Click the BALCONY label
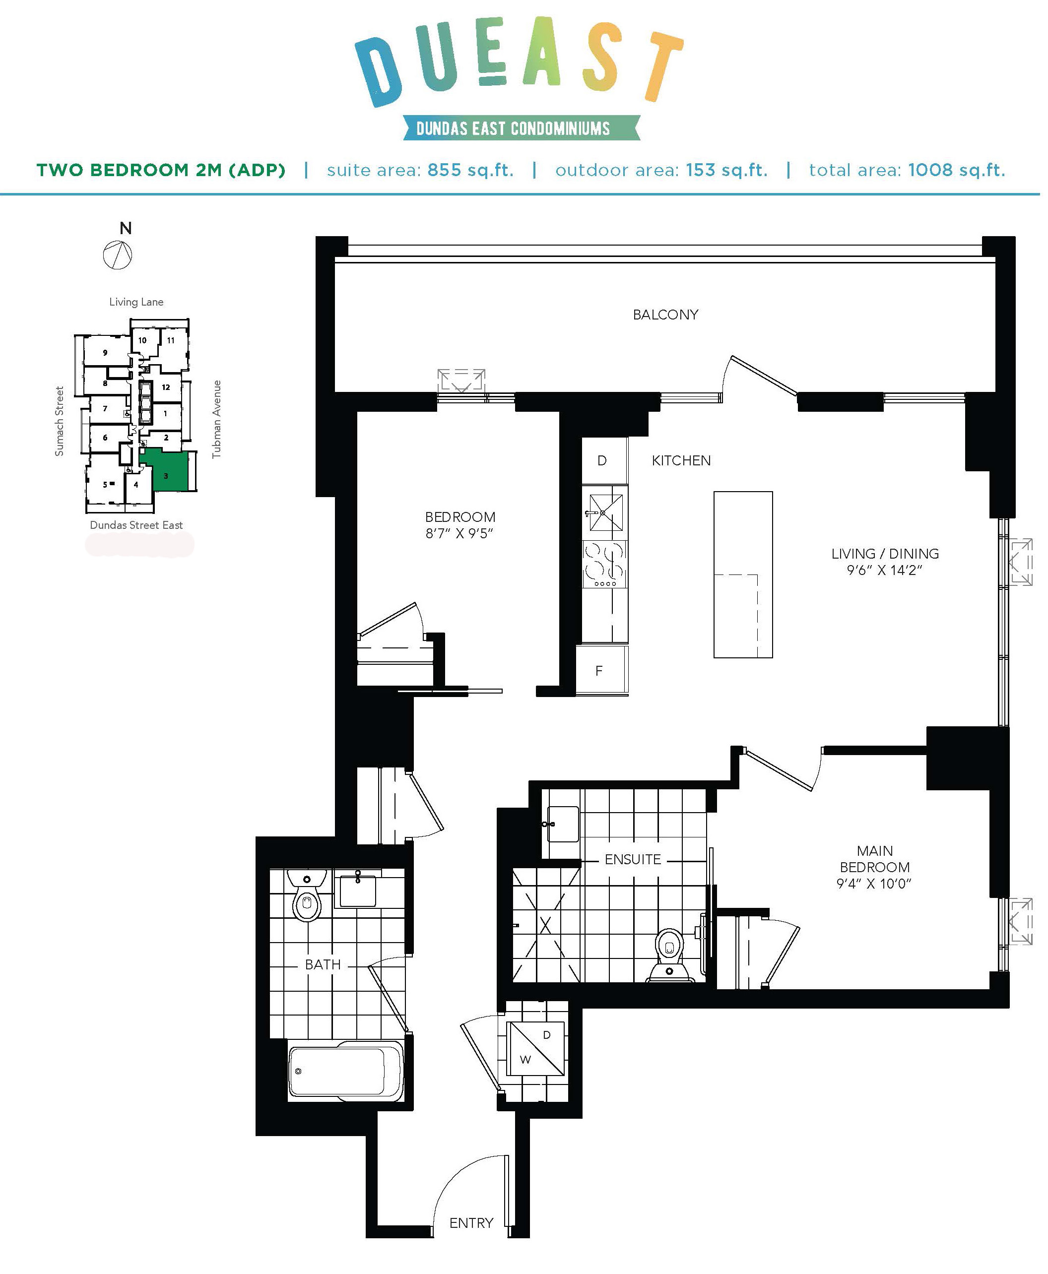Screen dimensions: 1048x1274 coord(665,315)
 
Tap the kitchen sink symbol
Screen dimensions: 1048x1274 coord(605,512)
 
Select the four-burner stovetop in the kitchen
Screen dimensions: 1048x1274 coord(604,564)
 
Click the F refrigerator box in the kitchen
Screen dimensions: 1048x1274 coord(602,670)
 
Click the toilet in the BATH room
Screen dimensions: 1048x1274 coord(307,895)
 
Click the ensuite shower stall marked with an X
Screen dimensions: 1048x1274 coord(545,925)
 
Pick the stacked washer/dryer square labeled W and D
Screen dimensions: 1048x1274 coord(536,1048)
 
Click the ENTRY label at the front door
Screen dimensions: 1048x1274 coord(471,1223)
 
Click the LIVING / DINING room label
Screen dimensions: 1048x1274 coord(885,554)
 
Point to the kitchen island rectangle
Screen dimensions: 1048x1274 coord(743,574)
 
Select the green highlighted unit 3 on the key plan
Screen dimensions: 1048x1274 coord(166,470)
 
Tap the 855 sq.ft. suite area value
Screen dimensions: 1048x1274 coord(470,170)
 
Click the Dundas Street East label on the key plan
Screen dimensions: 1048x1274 coord(136,525)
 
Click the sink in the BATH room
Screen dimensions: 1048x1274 coord(358,889)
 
